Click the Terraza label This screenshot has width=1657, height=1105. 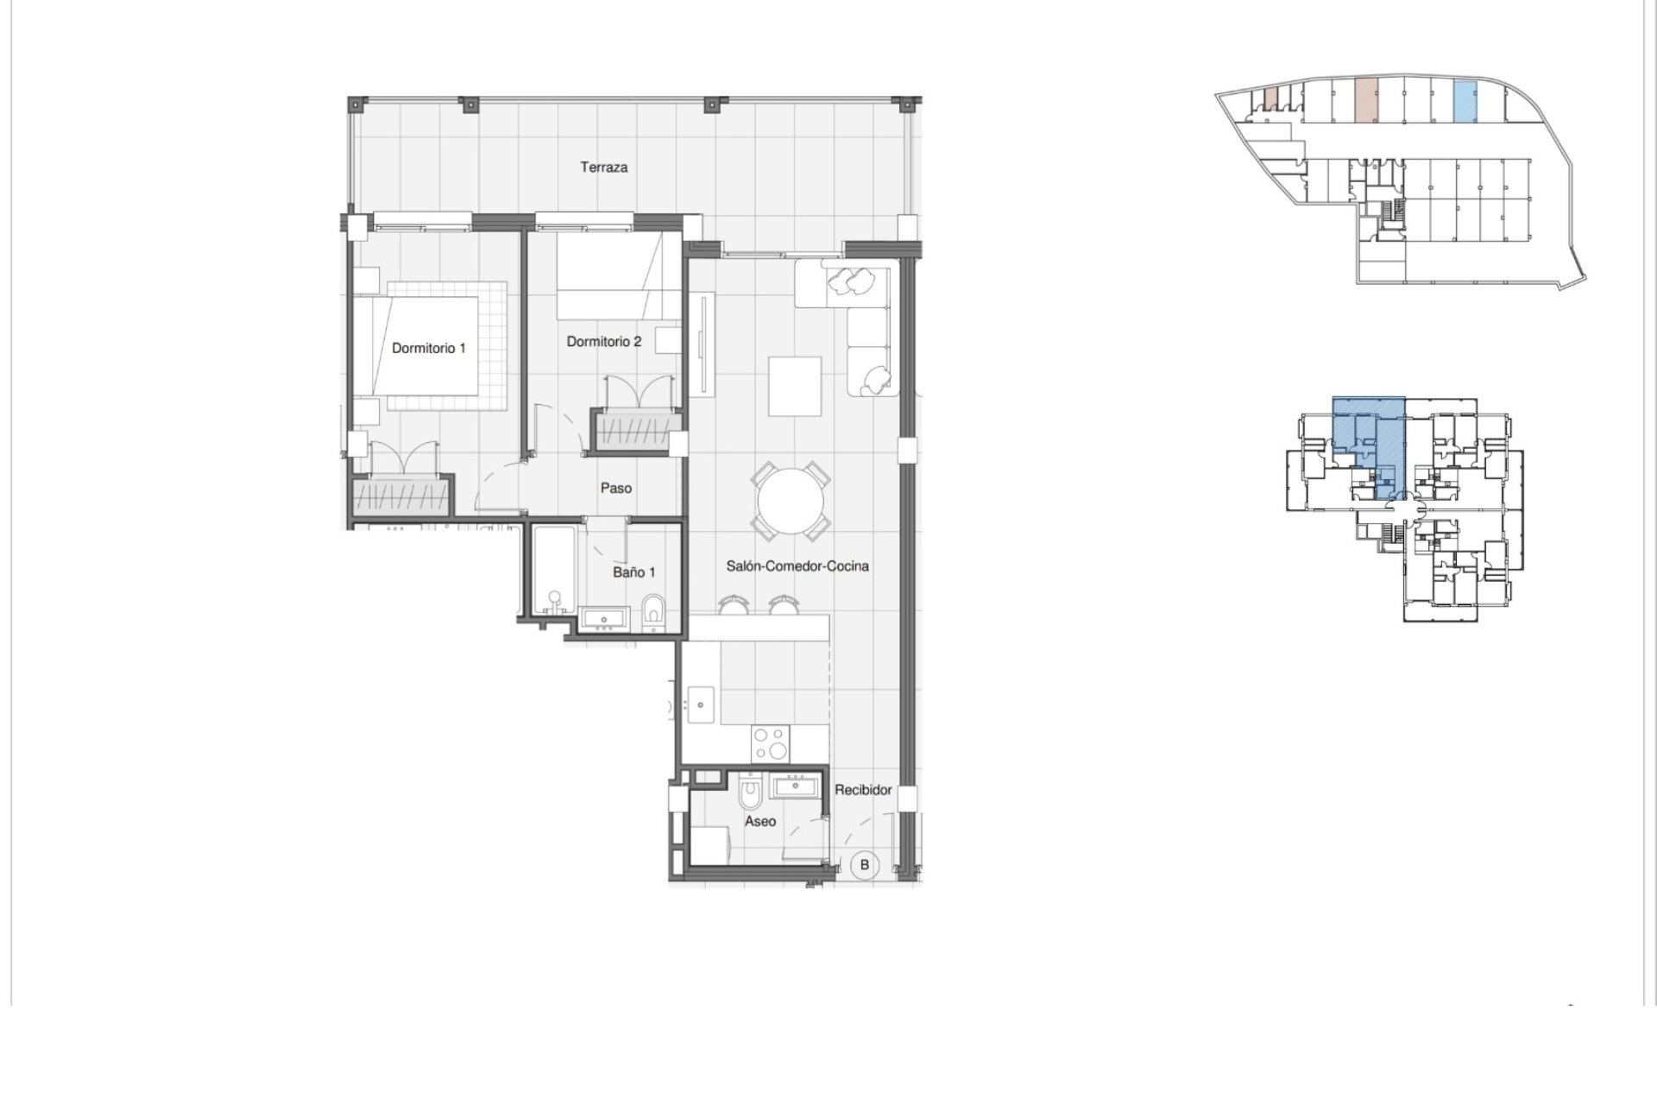[x=603, y=167]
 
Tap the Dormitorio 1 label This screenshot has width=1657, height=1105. [x=428, y=349]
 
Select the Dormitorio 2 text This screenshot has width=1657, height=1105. [x=604, y=342]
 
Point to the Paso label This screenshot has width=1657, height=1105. [x=616, y=489]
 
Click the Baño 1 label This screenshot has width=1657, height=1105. [x=634, y=572]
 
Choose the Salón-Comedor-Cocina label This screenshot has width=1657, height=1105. [x=797, y=566]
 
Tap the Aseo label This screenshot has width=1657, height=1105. [x=760, y=821]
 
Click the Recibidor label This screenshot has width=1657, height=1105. [x=863, y=790]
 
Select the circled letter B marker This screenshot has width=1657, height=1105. [x=865, y=864]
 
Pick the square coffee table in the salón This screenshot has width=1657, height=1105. [x=794, y=386]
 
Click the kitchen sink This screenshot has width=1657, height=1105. [x=700, y=704]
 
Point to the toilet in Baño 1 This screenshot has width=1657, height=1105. [x=653, y=610]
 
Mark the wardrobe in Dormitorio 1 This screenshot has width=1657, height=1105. [x=401, y=498]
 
